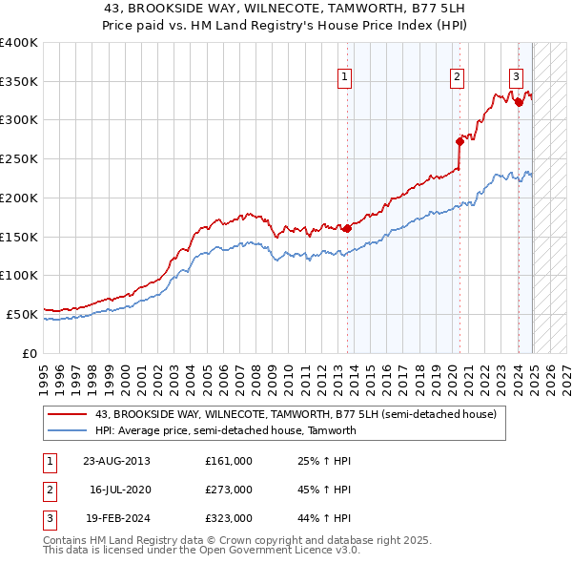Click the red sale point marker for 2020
pos(460,141)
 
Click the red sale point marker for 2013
pos(347,228)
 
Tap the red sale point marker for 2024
pos(519,102)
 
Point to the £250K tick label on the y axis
pos(19,158)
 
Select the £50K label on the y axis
pos(23,314)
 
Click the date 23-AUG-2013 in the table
pos(116,461)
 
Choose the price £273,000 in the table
pos(228,490)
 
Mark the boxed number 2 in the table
pos(48,490)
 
